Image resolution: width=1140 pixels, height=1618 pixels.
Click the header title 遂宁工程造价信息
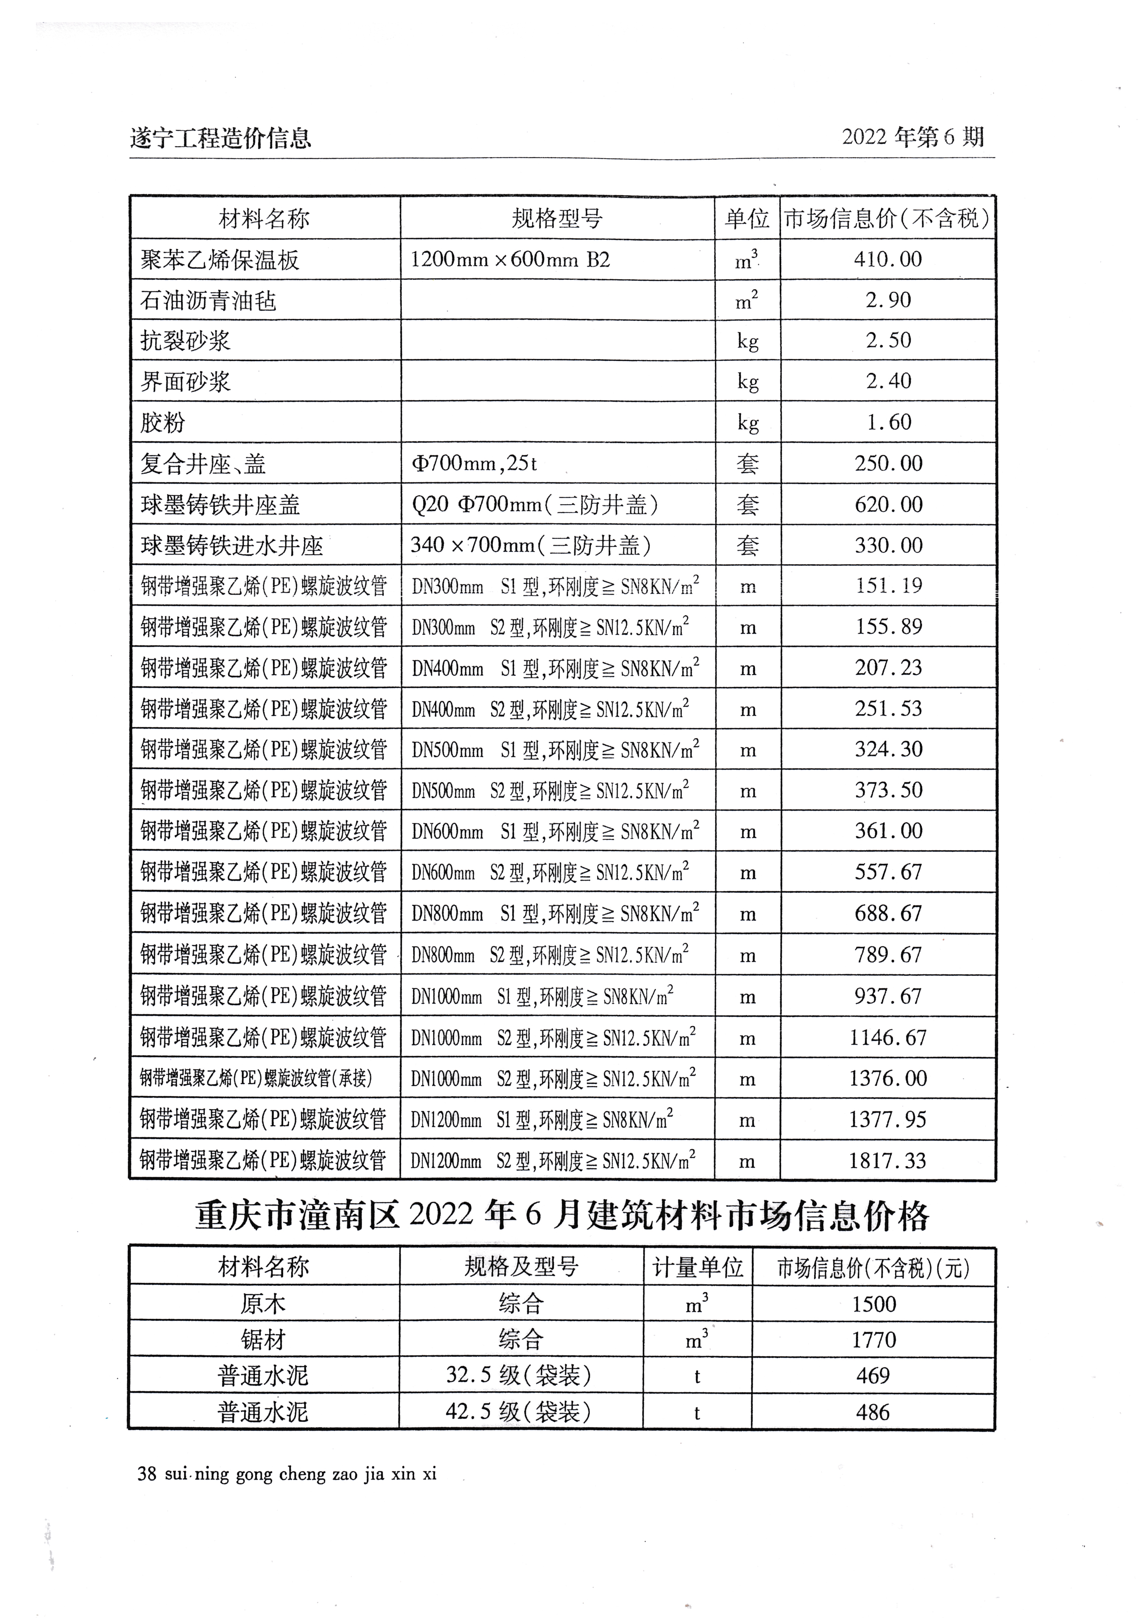pos(220,138)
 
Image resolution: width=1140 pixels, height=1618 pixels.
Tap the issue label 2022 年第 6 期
pos(913,137)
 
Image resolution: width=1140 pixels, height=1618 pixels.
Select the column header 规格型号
pos(557,219)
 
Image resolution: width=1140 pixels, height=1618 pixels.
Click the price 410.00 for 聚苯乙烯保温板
pos(888,259)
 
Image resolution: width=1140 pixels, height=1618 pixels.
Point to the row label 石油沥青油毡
pos(208,301)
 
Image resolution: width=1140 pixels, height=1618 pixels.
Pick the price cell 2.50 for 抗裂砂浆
pos(888,340)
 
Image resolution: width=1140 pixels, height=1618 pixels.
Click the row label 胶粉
pos(163,423)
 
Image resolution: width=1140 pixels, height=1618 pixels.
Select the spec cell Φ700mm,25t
pos(474,464)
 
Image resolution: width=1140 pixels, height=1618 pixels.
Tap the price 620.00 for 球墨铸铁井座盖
pos(888,505)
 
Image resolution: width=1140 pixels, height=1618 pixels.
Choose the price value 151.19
pos(888,586)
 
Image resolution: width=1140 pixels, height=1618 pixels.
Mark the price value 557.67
pos(888,873)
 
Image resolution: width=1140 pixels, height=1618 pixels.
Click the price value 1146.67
pos(888,1037)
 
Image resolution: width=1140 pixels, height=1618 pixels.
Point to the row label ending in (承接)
pos(256,1078)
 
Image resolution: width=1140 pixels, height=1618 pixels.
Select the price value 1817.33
pos(888,1160)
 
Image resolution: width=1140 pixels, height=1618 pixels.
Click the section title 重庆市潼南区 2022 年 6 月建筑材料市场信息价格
pos(562,1216)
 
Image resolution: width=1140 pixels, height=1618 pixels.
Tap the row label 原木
pos(263,1304)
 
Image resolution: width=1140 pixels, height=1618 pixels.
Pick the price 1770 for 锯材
pos(873,1339)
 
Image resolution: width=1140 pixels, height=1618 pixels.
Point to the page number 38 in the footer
pos(147,1474)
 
